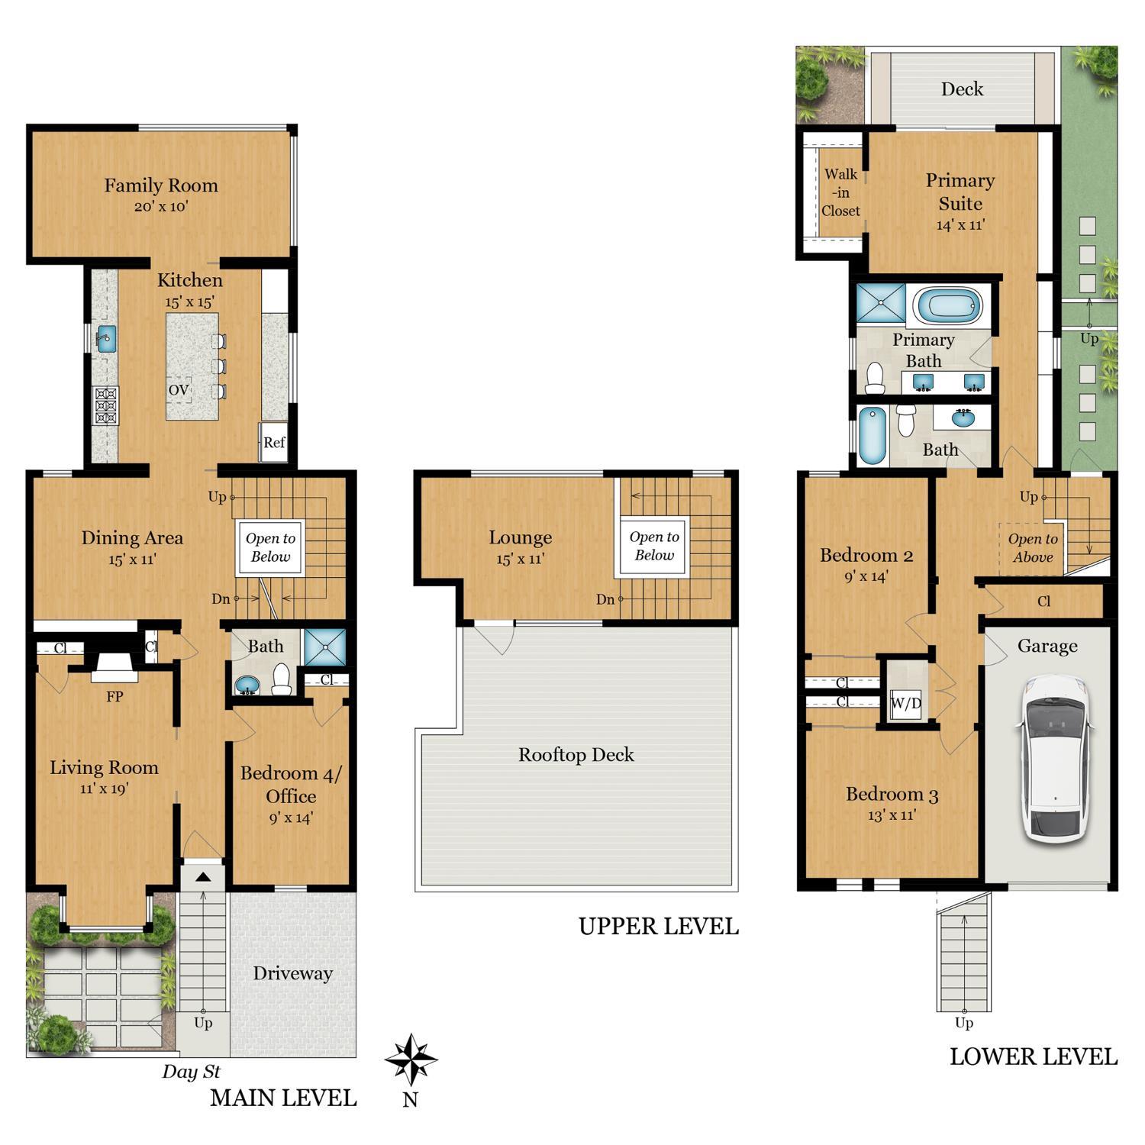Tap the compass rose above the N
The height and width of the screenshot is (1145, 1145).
(411, 1060)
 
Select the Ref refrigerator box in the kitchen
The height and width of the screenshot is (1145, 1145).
(274, 442)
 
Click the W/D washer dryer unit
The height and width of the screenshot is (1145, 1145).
(906, 704)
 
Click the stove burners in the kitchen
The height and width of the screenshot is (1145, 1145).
(105, 405)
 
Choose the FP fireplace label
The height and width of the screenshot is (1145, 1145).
(114, 696)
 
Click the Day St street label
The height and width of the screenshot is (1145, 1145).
(191, 1072)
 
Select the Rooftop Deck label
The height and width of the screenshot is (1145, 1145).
(576, 755)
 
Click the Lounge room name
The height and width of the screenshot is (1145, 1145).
(521, 537)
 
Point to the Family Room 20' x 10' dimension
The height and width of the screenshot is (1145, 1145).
(161, 206)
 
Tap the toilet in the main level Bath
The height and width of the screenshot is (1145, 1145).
(282, 679)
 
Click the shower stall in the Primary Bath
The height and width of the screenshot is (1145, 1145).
(880, 302)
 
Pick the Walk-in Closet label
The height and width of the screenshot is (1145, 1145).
(840, 192)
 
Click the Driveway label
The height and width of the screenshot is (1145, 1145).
(293, 973)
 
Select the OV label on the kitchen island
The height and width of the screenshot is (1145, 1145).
(179, 390)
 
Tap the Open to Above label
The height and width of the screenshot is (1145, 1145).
(1033, 548)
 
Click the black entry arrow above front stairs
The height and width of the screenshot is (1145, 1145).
(203, 877)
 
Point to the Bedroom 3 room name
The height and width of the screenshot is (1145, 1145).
(892, 795)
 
